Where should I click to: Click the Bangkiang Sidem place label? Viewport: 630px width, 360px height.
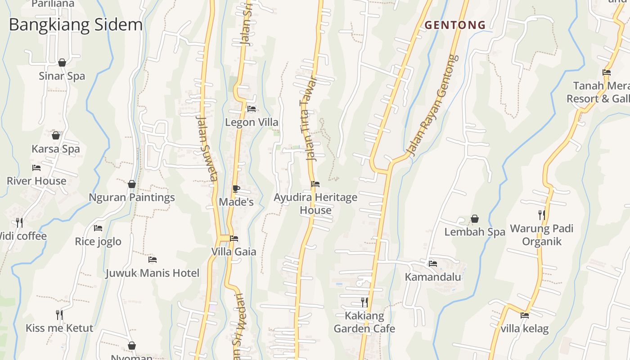tap(76, 25)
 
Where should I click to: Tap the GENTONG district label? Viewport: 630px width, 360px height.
tap(455, 25)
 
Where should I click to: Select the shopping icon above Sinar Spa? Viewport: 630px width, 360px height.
tap(62, 63)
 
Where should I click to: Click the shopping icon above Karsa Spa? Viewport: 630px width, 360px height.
tap(56, 135)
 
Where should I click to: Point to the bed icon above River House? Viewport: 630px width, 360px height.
tap(36, 168)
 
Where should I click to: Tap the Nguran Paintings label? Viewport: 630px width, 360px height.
tap(131, 197)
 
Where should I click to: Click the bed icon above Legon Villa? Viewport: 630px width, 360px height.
tap(252, 109)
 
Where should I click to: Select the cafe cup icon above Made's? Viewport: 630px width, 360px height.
tap(236, 189)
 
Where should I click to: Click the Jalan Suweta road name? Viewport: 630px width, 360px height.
tap(207, 148)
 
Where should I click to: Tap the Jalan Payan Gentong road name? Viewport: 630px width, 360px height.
tap(432, 106)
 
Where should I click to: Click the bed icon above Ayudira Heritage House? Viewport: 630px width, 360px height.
tap(315, 184)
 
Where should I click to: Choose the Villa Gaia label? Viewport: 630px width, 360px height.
tap(234, 252)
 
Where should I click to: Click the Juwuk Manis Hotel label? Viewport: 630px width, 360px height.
tap(152, 273)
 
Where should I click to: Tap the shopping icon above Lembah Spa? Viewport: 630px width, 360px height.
tap(475, 219)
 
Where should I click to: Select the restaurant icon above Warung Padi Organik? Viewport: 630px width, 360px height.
tap(542, 215)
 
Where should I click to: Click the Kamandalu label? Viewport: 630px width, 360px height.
tap(433, 277)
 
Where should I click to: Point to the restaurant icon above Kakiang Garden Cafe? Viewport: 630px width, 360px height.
tap(364, 302)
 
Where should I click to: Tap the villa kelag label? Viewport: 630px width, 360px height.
tap(525, 328)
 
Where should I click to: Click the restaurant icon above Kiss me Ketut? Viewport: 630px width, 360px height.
tap(59, 315)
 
